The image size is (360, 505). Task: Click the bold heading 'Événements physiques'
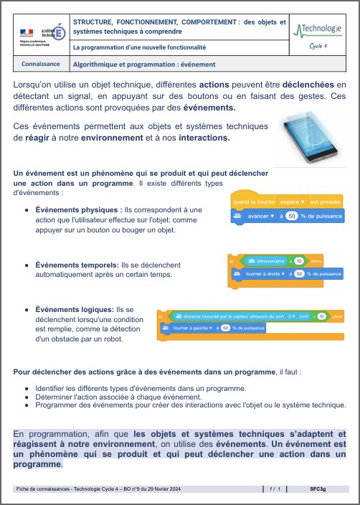(80, 209)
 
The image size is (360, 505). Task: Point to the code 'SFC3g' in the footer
(318, 489)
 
